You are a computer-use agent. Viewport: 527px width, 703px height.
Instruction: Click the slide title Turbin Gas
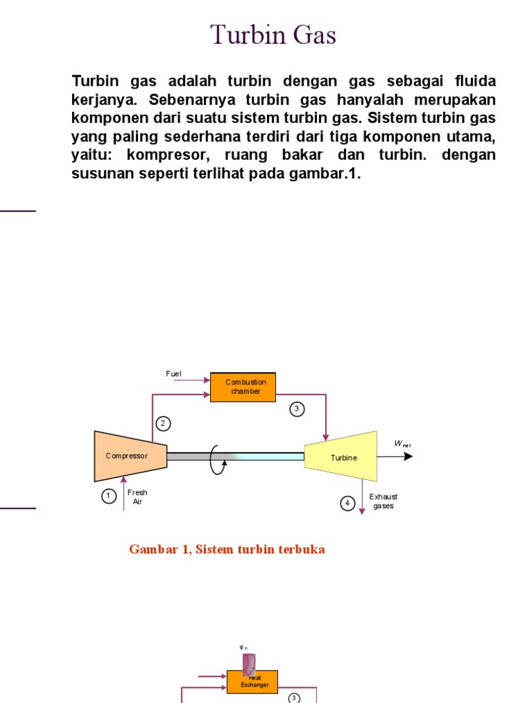[272, 34]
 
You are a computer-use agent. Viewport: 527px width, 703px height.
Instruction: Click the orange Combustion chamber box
[245, 387]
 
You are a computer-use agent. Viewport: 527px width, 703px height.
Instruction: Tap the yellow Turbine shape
[342, 457]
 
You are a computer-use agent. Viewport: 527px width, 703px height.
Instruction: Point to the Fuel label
[174, 373]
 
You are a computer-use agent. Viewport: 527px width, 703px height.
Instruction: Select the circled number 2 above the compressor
[163, 424]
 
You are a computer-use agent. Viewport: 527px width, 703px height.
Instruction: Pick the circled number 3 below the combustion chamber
[296, 409]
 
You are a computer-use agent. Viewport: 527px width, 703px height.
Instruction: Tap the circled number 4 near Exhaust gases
[347, 503]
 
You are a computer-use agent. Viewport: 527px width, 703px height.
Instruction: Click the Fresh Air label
[137, 497]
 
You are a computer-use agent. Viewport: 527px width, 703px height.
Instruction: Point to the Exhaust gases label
[383, 501]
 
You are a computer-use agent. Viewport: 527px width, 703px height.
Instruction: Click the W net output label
[401, 444]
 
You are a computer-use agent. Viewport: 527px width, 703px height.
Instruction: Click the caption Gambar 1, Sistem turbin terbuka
[226, 550]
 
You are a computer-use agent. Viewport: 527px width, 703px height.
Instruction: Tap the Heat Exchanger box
[252, 681]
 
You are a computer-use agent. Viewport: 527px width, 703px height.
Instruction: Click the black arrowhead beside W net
[408, 456]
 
